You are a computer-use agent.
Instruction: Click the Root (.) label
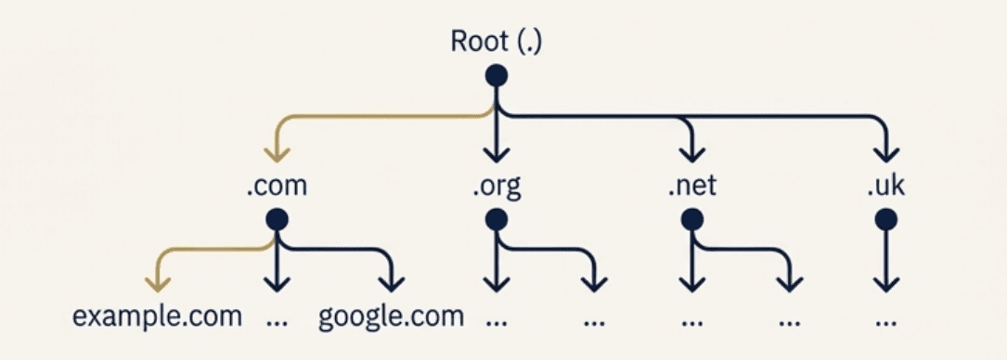click(x=496, y=42)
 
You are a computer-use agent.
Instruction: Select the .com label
click(x=277, y=186)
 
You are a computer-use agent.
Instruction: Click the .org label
click(x=496, y=187)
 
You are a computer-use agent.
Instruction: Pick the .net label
click(x=691, y=186)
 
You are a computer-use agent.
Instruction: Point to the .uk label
click(x=885, y=186)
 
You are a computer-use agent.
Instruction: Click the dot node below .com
click(x=277, y=219)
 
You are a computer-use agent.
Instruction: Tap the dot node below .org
click(x=497, y=219)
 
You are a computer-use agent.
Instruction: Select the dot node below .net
click(x=691, y=219)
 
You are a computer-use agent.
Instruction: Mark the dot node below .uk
click(x=885, y=219)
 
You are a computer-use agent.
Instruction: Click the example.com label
click(x=157, y=316)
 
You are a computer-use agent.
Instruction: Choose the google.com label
click(x=391, y=316)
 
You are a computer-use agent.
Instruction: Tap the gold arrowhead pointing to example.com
click(x=157, y=282)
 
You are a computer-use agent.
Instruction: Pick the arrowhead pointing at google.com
click(x=391, y=282)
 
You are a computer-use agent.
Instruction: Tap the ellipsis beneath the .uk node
click(x=885, y=323)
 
